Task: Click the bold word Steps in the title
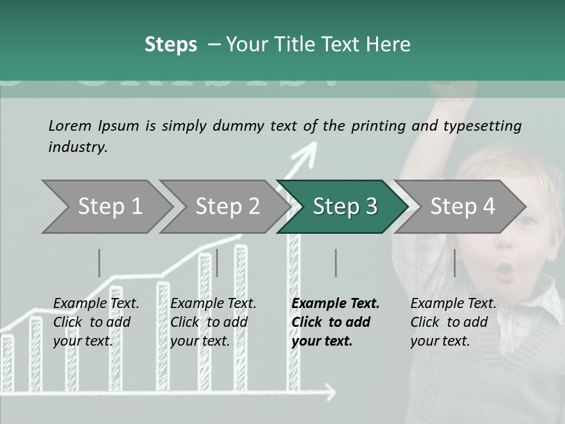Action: tap(171, 45)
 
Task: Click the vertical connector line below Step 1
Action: tap(99, 263)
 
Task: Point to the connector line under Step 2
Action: tap(217, 263)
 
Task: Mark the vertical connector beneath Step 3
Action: tap(336, 263)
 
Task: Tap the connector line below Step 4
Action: tap(454, 263)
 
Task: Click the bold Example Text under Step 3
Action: tap(335, 322)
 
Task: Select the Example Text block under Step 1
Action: tap(96, 322)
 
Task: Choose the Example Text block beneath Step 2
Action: tap(213, 322)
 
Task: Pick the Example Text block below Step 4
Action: tap(453, 322)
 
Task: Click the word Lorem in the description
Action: tap(70, 125)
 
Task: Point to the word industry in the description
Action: tap(77, 147)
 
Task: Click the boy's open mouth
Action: tap(506, 270)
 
